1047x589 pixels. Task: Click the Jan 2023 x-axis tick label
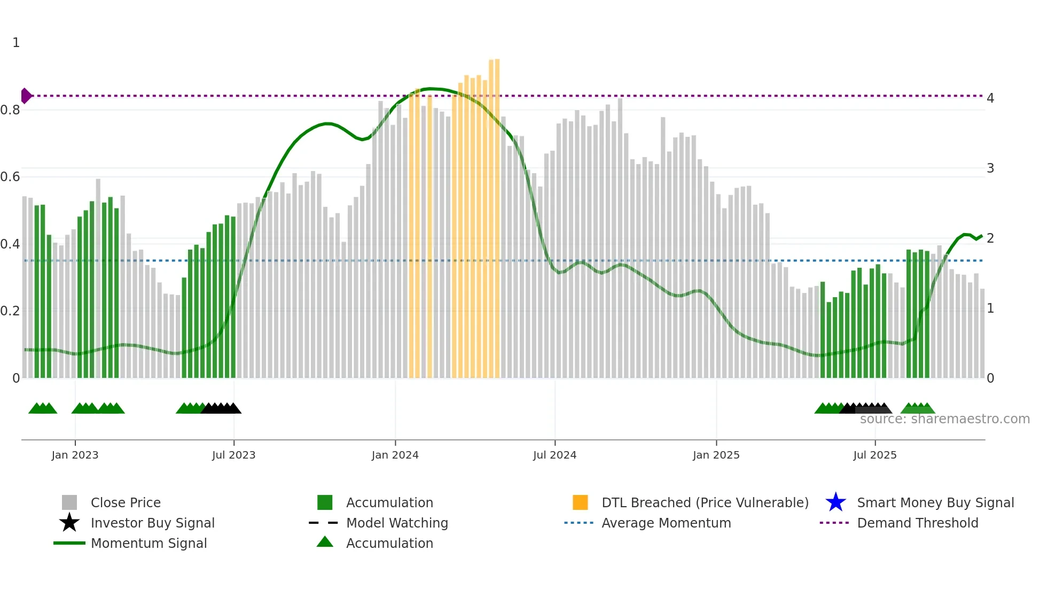[75, 455]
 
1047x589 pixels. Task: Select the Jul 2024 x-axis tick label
[554, 455]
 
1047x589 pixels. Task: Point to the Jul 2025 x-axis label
[874, 455]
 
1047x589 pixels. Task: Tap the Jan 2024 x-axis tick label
[395, 455]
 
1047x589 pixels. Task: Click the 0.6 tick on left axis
[10, 177]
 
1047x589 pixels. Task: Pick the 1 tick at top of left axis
[16, 43]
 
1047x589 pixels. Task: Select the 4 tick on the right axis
[990, 98]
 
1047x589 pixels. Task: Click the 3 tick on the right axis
[990, 168]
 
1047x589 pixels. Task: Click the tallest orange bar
[497, 214]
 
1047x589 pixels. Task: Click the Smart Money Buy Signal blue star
[835, 502]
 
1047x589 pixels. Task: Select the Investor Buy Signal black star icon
[69, 523]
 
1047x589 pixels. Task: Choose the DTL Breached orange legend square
[580, 502]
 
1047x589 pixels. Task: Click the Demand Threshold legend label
[917, 523]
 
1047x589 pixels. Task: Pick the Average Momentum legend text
[666, 523]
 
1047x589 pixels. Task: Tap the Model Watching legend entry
[396, 523]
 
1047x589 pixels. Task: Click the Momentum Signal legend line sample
[69, 543]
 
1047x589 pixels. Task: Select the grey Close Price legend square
[69, 502]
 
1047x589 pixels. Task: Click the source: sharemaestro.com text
[944, 419]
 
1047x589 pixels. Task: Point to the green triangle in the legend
[325, 542]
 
